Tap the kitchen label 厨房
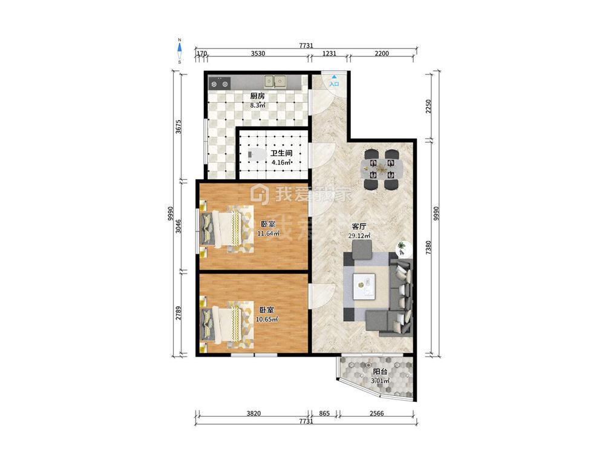point(257,96)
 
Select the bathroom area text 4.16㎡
point(281,162)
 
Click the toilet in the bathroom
point(257,155)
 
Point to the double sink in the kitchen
point(275,81)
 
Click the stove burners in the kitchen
point(220,83)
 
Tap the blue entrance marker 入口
point(334,81)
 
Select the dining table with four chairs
point(382,169)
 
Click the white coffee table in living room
point(364,286)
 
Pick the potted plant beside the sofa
point(402,249)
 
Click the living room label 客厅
point(359,226)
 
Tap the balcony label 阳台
point(380,372)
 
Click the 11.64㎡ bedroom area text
point(268,233)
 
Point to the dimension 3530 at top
point(258,54)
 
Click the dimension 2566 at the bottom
point(376,413)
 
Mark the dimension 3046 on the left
point(178,226)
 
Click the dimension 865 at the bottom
point(324,413)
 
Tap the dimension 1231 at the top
point(329,54)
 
